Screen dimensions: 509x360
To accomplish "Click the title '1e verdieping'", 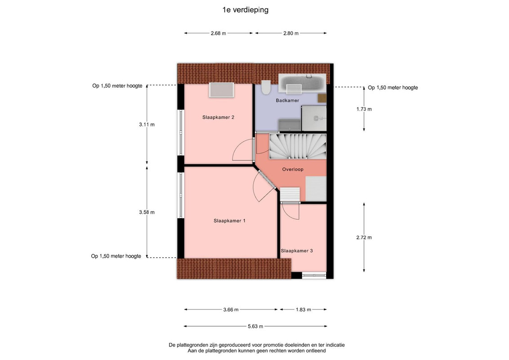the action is click(x=246, y=10).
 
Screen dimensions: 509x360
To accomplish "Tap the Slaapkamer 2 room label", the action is click(x=218, y=117).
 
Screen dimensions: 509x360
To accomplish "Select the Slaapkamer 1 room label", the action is click(x=229, y=220).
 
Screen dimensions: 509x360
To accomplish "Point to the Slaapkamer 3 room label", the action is click(x=297, y=251).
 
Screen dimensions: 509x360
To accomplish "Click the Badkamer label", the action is click(x=287, y=100).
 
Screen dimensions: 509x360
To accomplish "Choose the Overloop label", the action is click(x=292, y=169).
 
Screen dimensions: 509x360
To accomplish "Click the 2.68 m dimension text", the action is click(x=218, y=33).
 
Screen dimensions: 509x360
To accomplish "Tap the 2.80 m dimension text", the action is click(x=291, y=33).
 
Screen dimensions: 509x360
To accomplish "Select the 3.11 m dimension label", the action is click(x=147, y=125).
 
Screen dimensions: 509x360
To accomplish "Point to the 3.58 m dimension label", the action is click(x=147, y=212).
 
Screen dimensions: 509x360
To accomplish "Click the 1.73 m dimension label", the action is click(x=364, y=109).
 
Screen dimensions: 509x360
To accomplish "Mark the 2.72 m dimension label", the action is click(x=364, y=238).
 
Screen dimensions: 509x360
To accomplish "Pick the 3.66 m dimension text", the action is click(x=231, y=310).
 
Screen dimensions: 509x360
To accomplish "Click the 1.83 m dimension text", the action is click(x=303, y=310).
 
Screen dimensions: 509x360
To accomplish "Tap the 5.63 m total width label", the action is click(x=255, y=326).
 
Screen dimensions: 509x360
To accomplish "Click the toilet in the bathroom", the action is click(x=266, y=87).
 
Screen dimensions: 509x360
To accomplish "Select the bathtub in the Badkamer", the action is click(x=302, y=83).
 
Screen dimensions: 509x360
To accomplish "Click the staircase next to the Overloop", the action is click(x=298, y=147).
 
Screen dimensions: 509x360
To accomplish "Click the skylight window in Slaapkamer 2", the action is click(x=221, y=90).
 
